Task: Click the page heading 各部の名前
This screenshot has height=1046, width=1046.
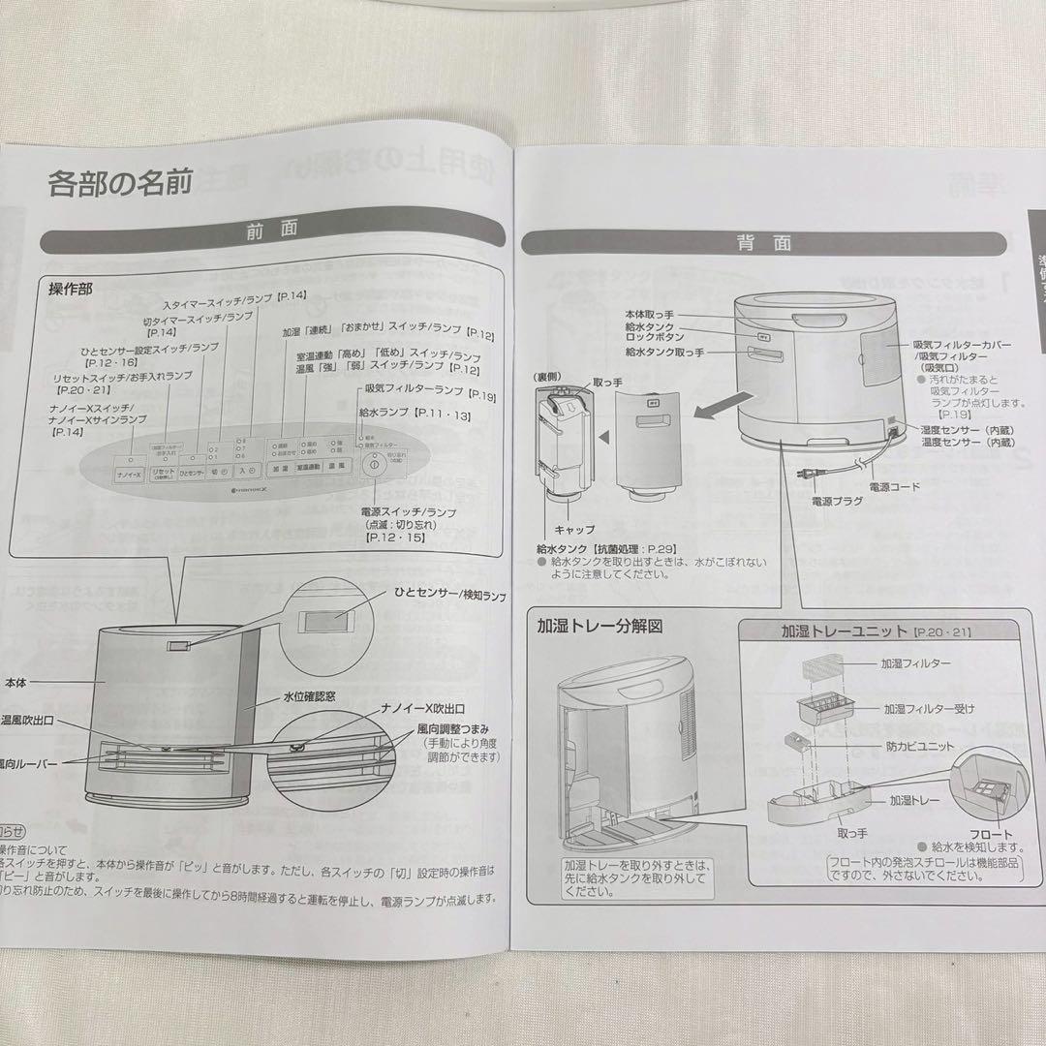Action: (121, 183)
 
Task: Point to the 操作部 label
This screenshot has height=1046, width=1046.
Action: (71, 290)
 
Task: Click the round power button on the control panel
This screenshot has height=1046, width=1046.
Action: (371, 466)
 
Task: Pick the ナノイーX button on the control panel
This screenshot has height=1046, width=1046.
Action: (129, 476)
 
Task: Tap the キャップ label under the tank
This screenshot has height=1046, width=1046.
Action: (574, 530)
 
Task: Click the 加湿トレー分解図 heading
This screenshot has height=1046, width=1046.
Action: (600, 626)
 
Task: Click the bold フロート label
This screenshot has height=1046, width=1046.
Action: (988, 834)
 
